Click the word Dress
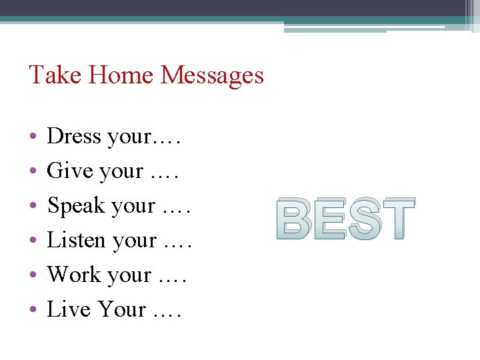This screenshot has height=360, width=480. coord(74,136)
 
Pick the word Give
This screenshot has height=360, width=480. coord(69,171)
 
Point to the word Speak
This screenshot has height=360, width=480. coord(77,206)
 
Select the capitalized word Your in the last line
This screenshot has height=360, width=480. coord(122,309)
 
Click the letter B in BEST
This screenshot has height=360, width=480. coord(295,219)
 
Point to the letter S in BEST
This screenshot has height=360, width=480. coord(364,219)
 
